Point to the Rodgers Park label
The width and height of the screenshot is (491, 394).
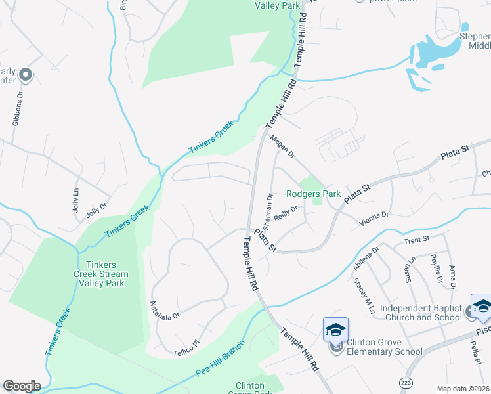tap(313, 194)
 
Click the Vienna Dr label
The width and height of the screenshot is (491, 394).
tap(375, 215)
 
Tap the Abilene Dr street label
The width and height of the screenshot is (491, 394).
tap(366, 258)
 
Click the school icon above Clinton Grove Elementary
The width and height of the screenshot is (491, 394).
tap(335, 329)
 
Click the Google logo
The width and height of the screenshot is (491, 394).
tap(22, 386)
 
